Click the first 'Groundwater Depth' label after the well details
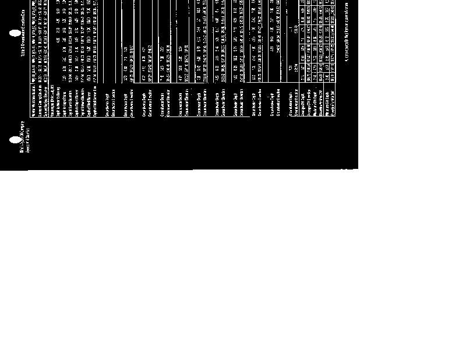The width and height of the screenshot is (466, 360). [x=105, y=100]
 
